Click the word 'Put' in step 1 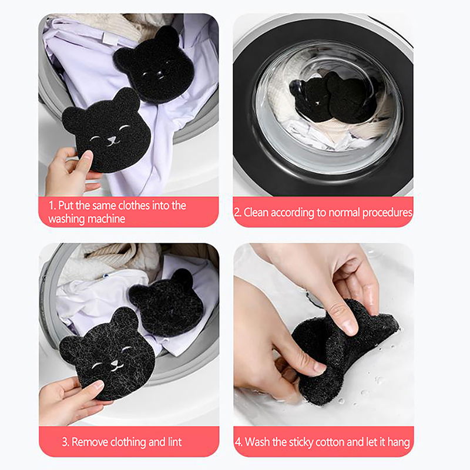(x=66, y=206)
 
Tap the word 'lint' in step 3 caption (x=174, y=442)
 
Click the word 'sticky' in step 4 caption (x=297, y=442)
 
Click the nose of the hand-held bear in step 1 (x=112, y=139)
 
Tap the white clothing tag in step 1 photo (x=108, y=38)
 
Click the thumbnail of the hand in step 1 (x=87, y=155)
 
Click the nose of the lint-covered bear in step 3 (x=115, y=364)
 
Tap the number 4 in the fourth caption (x=239, y=442)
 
